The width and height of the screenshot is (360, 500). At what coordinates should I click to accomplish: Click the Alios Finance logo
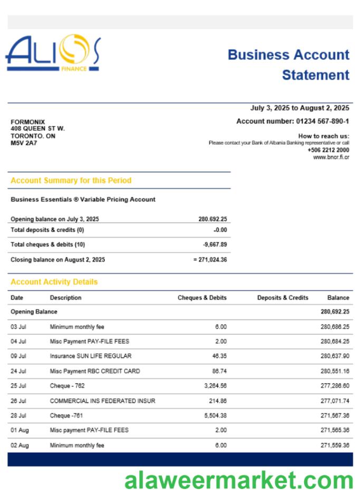pyautogui.click(x=53, y=53)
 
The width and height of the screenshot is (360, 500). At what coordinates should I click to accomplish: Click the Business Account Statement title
pyautogui.click(x=288, y=65)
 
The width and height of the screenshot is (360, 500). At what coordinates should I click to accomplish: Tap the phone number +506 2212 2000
pyautogui.click(x=328, y=150)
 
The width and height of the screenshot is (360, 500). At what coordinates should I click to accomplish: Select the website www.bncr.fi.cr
pyautogui.click(x=331, y=157)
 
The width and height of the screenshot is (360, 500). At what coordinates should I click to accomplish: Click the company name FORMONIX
pyautogui.click(x=28, y=122)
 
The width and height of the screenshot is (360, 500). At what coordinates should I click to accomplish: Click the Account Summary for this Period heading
pyautogui.click(x=71, y=180)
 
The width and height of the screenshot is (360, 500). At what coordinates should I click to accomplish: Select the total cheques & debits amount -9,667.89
pyautogui.click(x=215, y=244)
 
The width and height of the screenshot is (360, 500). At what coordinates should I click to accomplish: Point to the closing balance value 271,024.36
pyautogui.click(x=212, y=259)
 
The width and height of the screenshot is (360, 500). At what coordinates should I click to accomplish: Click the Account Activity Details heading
pyautogui.click(x=54, y=282)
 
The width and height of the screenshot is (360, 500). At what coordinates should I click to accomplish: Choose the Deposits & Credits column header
pyautogui.click(x=282, y=298)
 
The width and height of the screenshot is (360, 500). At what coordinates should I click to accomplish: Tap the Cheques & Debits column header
pyautogui.click(x=202, y=298)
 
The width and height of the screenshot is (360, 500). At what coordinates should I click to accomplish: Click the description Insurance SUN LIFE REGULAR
pyautogui.click(x=90, y=356)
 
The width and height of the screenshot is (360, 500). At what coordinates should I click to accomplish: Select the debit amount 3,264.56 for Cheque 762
pyautogui.click(x=213, y=386)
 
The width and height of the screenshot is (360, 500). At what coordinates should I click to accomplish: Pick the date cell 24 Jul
pyautogui.click(x=18, y=371)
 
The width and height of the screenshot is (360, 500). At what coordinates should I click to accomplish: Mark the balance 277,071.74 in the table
pyautogui.click(x=335, y=401)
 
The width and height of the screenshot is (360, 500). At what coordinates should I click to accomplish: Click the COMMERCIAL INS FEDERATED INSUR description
pyautogui.click(x=102, y=401)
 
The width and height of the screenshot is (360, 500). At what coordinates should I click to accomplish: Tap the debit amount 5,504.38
pyautogui.click(x=213, y=416)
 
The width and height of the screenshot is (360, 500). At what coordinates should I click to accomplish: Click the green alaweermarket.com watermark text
pyautogui.click(x=238, y=481)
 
